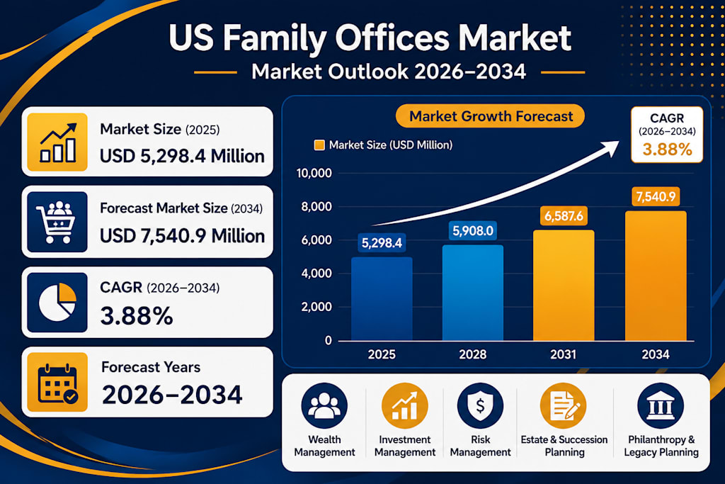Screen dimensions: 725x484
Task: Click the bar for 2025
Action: click(382, 299)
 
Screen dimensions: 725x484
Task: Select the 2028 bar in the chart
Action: click(472, 293)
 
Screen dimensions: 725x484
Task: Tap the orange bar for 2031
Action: click(564, 286)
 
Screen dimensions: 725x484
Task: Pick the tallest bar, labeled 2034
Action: click(656, 276)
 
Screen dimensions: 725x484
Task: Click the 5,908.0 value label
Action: click(472, 230)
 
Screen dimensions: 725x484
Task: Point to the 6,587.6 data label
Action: click(564, 216)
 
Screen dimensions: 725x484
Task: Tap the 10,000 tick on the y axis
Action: click(314, 173)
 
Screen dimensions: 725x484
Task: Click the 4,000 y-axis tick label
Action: click(316, 273)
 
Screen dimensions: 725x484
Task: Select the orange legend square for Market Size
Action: click(319, 145)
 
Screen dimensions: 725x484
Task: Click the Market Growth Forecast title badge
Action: click(490, 116)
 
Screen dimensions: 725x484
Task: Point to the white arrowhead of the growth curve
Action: click(609, 148)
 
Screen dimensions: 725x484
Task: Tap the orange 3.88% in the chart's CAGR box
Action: click(667, 150)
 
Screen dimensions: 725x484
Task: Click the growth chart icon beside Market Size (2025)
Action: click(57, 142)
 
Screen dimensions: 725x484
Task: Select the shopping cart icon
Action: click(57, 222)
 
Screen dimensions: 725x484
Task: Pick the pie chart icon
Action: click(57, 302)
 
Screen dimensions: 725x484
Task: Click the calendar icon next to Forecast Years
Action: click(57, 382)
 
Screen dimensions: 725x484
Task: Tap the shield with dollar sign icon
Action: click(480, 405)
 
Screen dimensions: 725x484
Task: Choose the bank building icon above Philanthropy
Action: click(661, 405)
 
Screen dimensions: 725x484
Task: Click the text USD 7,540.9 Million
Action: click(182, 236)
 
